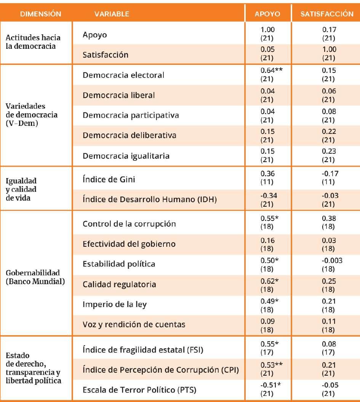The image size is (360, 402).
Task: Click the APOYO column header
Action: pos(267,14)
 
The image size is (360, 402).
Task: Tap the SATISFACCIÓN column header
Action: pos(326,14)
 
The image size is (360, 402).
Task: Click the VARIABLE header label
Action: pos(112,14)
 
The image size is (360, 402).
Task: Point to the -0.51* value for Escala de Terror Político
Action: pos(269,385)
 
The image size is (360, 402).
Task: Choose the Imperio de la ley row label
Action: pos(115,304)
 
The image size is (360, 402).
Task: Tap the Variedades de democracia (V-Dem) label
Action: pos(32,115)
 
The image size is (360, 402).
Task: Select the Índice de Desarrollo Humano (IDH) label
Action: pos(149,199)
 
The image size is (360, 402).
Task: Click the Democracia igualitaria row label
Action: pos(126,156)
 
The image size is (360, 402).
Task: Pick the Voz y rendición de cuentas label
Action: pos(134,325)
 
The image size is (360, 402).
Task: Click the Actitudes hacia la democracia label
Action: pos(33,42)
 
